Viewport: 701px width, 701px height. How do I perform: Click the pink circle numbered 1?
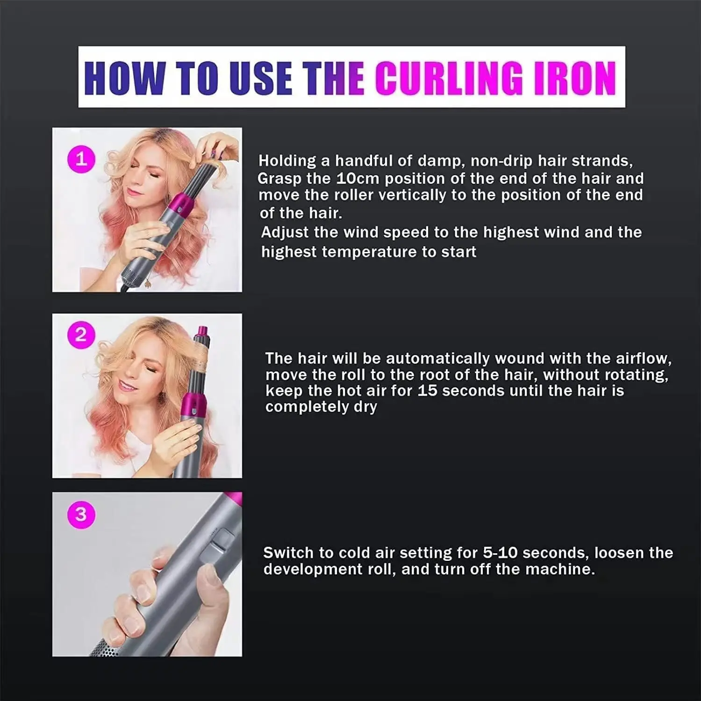[x=81, y=159]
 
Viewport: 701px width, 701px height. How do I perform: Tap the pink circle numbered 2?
[x=81, y=335]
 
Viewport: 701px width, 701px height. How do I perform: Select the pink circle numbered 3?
[x=81, y=514]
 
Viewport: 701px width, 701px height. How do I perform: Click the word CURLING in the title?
[x=448, y=78]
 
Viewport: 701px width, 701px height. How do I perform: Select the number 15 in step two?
[x=427, y=391]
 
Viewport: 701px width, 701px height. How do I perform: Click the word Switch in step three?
[x=288, y=553]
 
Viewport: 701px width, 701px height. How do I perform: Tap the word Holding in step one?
[x=287, y=161]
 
